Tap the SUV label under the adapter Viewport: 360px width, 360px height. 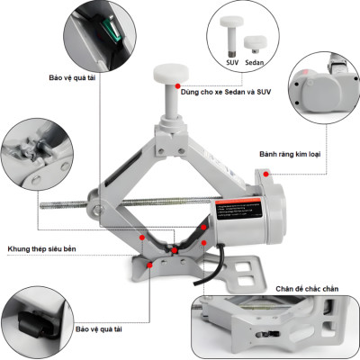pyautogui.click(x=232, y=63)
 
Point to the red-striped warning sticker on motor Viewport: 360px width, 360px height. pyautogui.click(x=242, y=209)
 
